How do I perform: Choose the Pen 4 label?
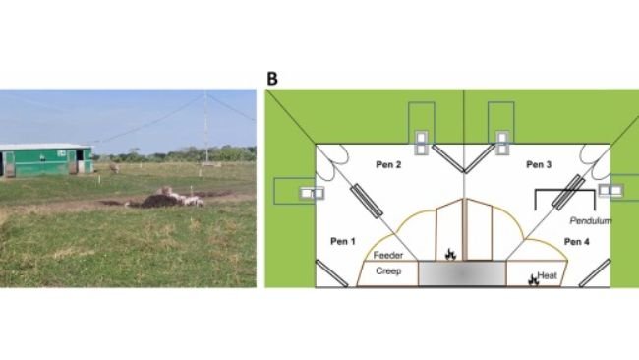(x=578, y=240)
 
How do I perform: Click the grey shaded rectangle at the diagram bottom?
(x=462, y=273)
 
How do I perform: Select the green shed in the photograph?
(x=44, y=160)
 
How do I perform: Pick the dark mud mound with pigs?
(x=162, y=199)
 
